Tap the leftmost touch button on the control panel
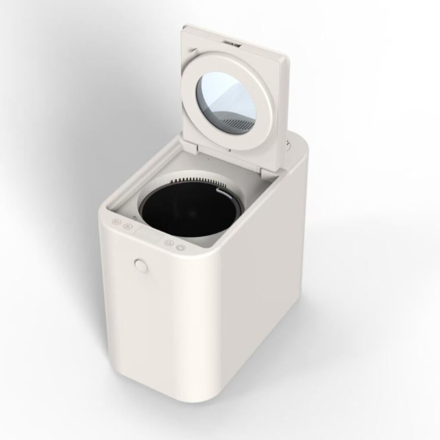[116, 222]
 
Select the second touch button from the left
[126, 226]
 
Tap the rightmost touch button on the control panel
[180, 247]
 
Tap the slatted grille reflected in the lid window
[239, 122]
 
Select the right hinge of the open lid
[267, 171]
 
